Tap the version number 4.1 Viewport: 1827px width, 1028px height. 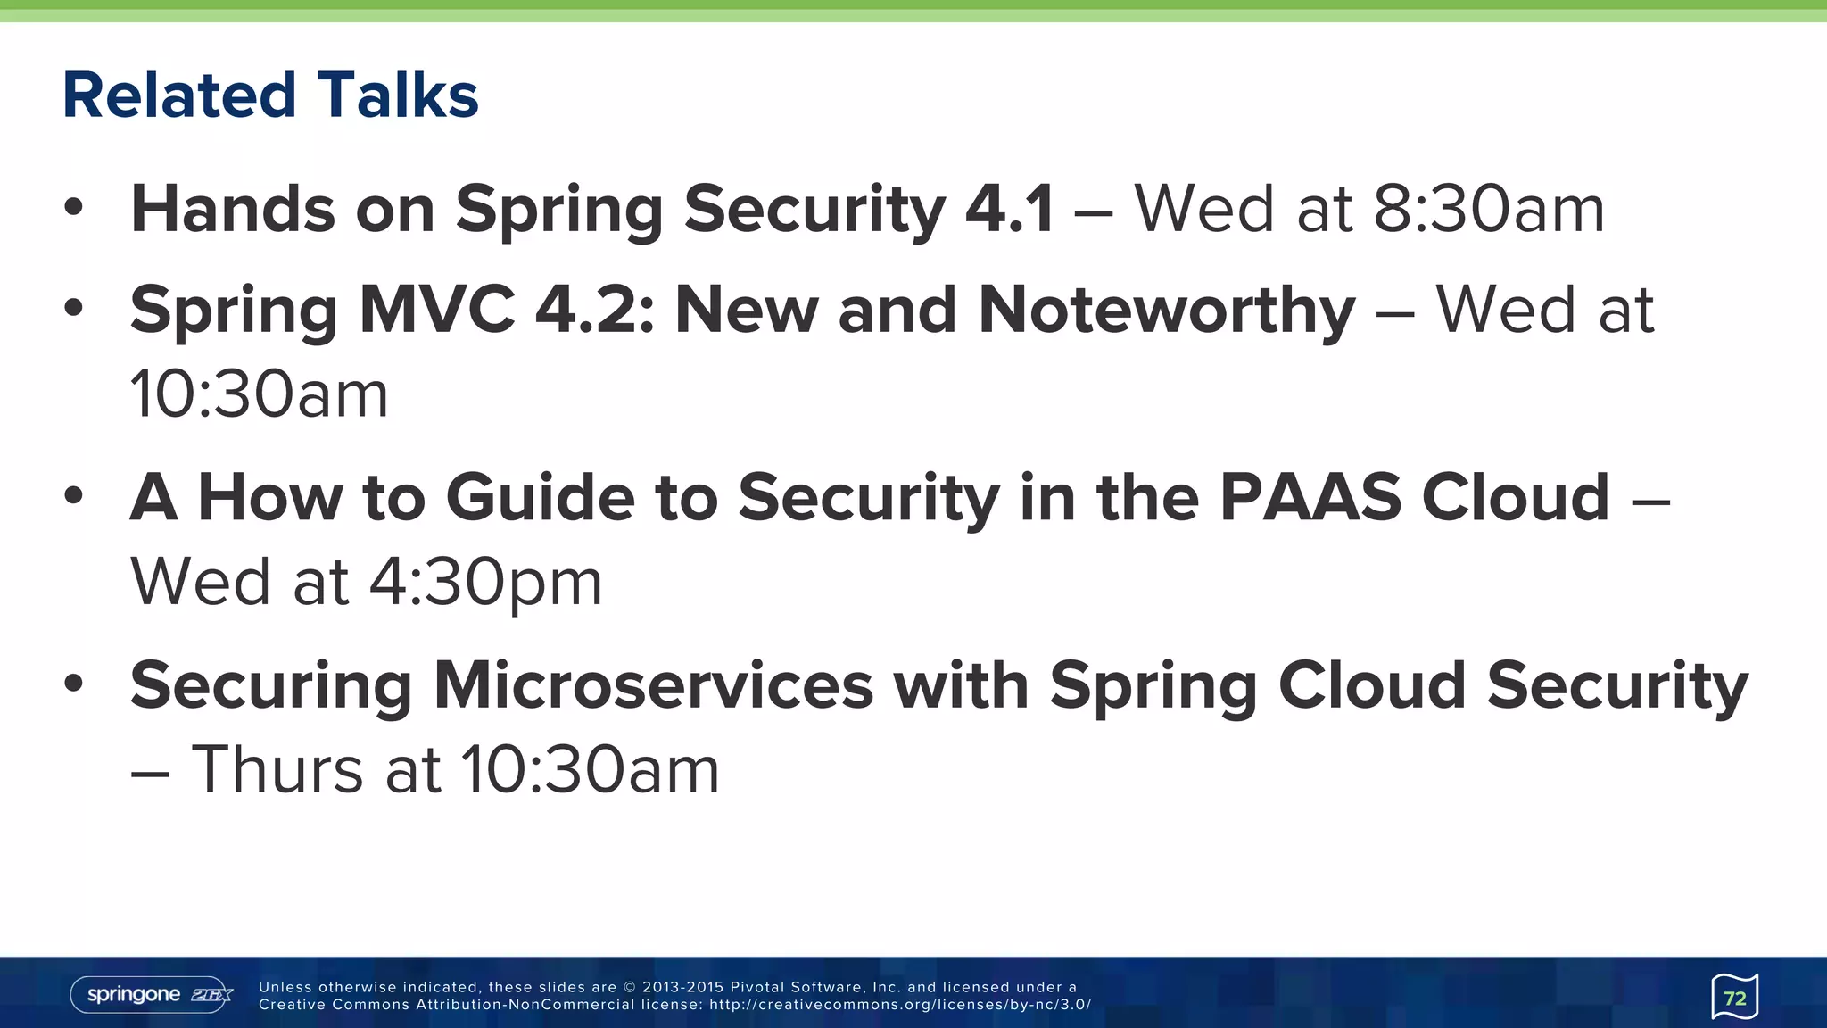click(x=1009, y=209)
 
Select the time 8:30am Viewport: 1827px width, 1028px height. click(x=1488, y=209)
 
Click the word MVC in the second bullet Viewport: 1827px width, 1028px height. click(x=436, y=310)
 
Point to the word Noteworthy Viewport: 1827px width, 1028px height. click(x=1166, y=310)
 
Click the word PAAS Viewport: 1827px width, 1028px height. click(x=1310, y=497)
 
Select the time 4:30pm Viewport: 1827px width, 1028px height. click(x=485, y=582)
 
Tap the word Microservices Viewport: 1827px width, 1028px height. click(x=653, y=685)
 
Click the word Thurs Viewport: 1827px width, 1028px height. click(x=277, y=769)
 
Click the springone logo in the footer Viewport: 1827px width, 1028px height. click(x=152, y=995)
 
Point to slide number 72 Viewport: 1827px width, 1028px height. click(x=1734, y=997)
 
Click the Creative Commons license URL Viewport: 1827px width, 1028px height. click(x=899, y=1005)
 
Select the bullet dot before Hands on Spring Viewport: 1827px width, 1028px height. click(x=73, y=208)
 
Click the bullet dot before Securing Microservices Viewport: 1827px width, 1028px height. click(x=73, y=684)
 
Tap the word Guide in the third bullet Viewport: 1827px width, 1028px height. click(x=540, y=497)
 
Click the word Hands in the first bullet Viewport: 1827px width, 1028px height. click(x=232, y=209)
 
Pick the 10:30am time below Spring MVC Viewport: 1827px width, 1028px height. click(x=260, y=394)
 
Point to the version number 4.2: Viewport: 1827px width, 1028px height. click(x=594, y=310)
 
